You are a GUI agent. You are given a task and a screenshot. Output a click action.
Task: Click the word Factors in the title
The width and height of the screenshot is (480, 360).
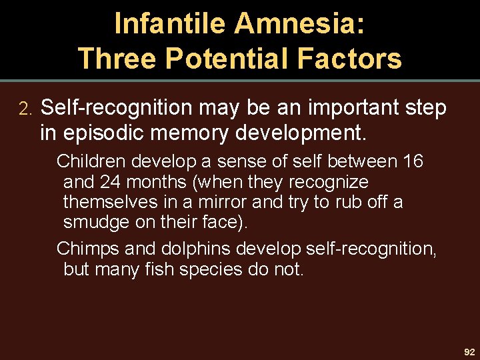350,58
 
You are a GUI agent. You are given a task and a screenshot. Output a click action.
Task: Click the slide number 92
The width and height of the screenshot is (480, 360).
469,351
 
